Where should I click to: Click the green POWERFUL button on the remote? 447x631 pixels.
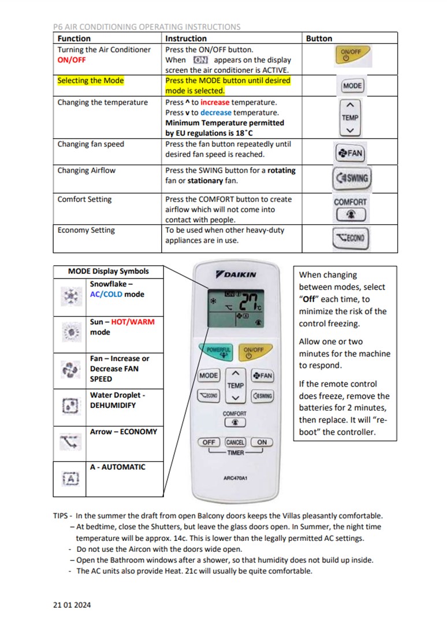tap(218, 351)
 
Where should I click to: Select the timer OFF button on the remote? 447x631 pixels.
tap(208, 442)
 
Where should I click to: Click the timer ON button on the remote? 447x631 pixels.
tap(262, 442)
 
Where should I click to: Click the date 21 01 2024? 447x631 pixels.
tap(72, 605)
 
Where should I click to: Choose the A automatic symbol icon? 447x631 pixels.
tap(70, 478)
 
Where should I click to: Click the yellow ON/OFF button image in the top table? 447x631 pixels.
tap(351, 55)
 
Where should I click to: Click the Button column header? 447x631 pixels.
tap(319, 39)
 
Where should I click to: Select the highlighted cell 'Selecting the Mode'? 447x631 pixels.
tap(91, 81)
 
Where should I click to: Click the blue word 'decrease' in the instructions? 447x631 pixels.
tap(218, 113)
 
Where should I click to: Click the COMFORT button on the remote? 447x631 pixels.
tap(235, 422)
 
